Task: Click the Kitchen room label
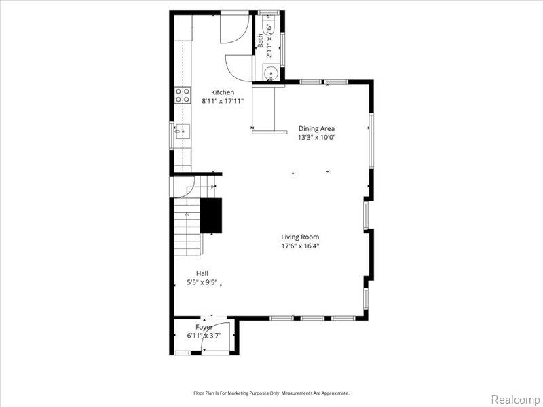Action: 223,92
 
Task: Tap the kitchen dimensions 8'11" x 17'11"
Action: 223,101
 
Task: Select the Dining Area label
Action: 316,129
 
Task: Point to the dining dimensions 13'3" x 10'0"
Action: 316,138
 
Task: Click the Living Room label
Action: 300,237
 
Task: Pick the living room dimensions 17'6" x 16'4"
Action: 300,246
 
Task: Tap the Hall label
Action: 202,274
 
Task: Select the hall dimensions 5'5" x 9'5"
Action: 202,282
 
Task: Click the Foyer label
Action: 204,327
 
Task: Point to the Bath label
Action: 261,41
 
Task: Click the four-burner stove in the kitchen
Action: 183,95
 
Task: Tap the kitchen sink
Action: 182,132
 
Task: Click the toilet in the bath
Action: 269,26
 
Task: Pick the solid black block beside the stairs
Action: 211,216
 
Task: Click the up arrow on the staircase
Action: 187,214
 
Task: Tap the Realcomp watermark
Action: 515,399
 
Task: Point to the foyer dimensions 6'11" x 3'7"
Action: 204,335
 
